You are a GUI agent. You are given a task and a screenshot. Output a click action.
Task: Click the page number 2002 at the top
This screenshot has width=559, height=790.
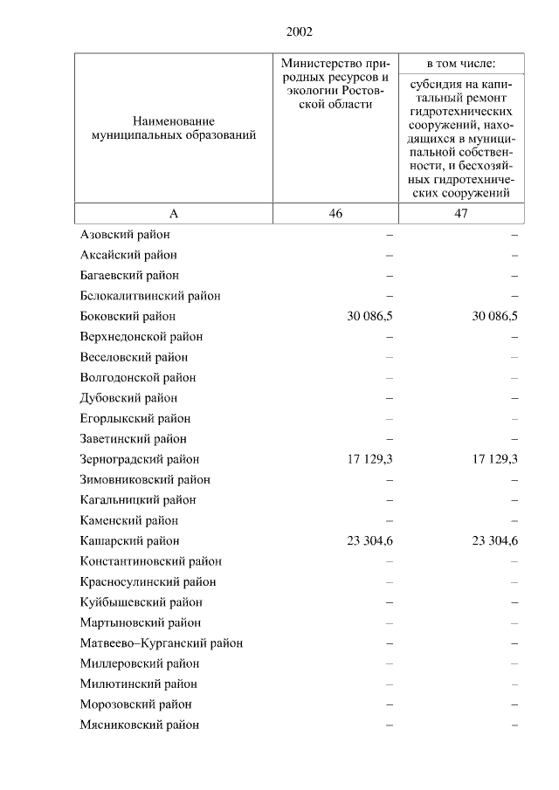click(299, 32)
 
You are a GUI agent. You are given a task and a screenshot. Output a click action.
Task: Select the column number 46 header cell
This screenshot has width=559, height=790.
click(335, 214)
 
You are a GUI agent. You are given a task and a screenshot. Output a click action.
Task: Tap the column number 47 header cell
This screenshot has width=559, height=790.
click(461, 214)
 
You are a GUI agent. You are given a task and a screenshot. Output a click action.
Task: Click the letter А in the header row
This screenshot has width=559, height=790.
click(173, 214)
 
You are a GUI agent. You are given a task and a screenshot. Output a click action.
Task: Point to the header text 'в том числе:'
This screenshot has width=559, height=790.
click(461, 64)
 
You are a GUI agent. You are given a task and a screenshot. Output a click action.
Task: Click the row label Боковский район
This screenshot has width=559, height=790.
click(128, 316)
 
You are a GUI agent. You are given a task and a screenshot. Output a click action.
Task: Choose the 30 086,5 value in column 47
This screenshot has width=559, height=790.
click(495, 316)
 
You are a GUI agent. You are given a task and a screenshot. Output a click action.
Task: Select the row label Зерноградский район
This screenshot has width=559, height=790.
click(139, 459)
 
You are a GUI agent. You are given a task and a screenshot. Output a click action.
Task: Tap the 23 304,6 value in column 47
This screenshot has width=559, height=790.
click(495, 541)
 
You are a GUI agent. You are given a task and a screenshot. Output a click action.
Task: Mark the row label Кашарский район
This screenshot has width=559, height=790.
click(129, 541)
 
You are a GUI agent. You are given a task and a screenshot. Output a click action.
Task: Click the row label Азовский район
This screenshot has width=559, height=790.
click(124, 235)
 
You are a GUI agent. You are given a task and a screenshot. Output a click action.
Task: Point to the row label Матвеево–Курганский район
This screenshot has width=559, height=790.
click(161, 643)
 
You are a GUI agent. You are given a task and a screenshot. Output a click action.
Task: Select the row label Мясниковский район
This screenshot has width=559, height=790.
click(139, 725)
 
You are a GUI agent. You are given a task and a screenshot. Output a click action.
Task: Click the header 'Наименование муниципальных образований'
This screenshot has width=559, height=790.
click(173, 128)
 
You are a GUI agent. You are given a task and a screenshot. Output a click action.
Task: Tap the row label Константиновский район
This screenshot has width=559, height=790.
click(149, 561)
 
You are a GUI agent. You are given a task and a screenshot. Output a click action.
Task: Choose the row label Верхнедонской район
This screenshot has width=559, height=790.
click(141, 337)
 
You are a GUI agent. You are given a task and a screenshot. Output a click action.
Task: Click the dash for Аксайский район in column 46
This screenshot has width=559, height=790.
click(390, 255)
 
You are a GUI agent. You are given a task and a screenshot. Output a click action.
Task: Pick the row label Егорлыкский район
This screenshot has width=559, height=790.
click(135, 418)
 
